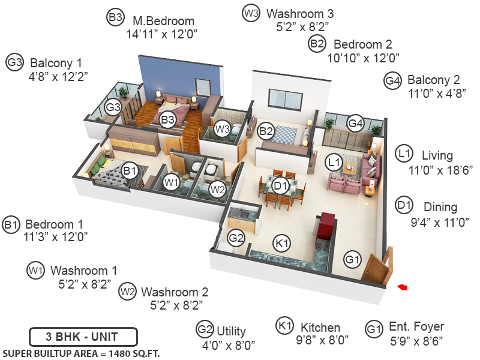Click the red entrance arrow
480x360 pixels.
click(x=403, y=288)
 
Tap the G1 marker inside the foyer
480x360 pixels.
click(x=352, y=259)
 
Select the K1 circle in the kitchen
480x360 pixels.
click(x=281, y=243)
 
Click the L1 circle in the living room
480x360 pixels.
click(x=334, y=162)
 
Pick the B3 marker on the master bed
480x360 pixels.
click(x=167, y=120)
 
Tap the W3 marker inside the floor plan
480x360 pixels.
click(x=222, y=128)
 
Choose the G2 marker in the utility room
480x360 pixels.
click(x=237, y=238)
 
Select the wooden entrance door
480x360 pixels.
click(x=377, y=268)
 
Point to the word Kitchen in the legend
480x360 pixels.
click(x=320, y=328)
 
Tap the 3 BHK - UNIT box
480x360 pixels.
click(x=83, y=335)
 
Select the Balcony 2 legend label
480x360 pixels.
click(x=433, y=80)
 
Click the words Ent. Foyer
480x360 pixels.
click(x=416, y=327)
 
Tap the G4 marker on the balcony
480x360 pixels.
click(x=356, y=124)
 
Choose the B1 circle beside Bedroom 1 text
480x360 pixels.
click(x=11, y=225)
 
